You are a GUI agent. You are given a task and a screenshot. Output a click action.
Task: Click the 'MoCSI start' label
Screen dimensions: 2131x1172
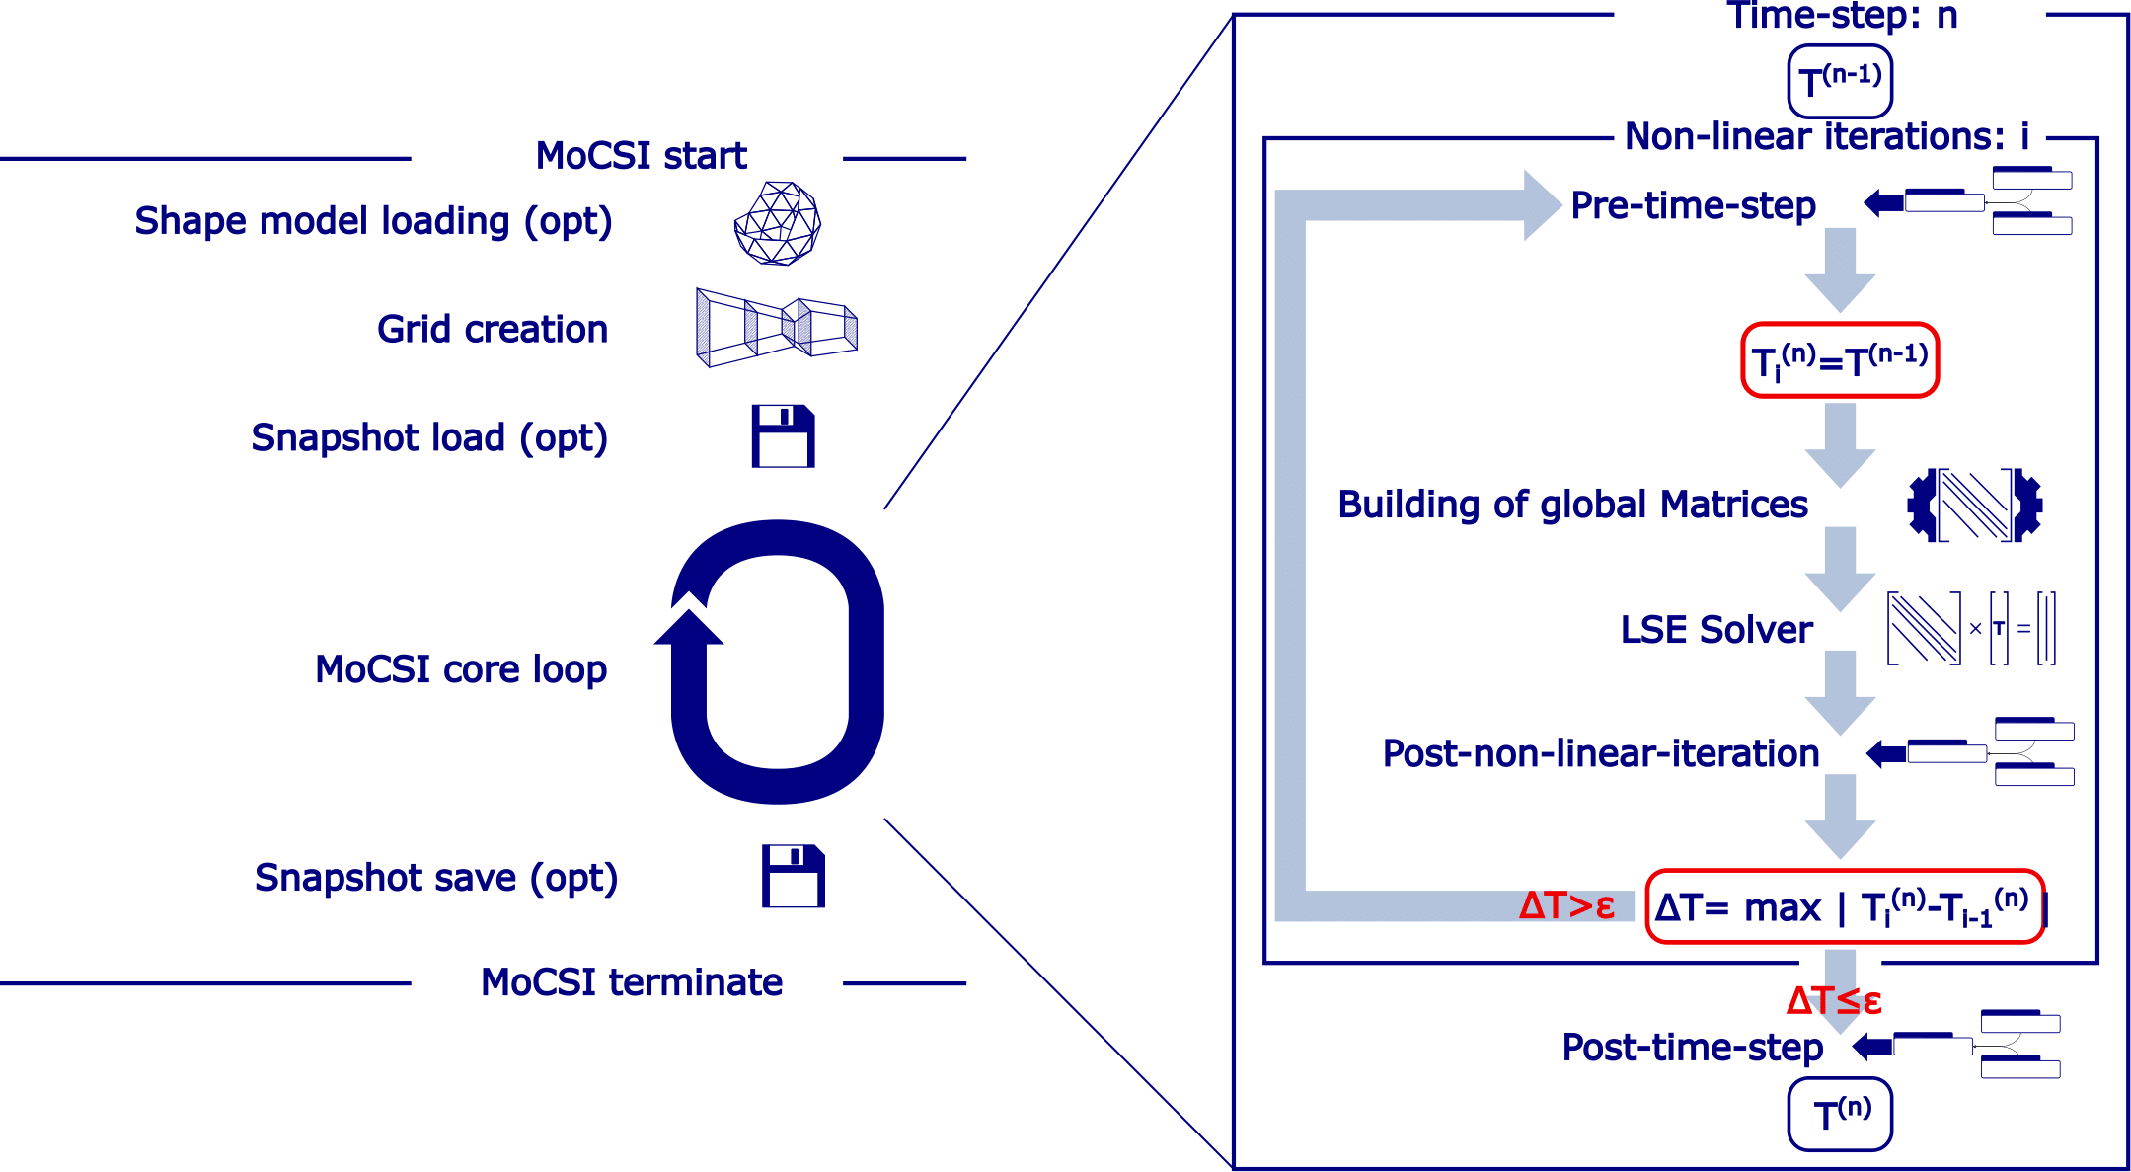[x=641, y=156]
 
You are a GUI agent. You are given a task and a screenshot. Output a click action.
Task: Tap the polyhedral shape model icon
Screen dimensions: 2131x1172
[x=778, y=223]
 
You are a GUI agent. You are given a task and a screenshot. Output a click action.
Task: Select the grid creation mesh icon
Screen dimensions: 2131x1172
[x=777, y=328]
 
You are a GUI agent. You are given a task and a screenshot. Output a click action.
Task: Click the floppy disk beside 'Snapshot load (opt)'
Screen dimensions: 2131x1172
[x=784, y=435]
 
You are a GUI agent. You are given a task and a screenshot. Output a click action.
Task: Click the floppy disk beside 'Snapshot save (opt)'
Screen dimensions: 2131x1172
[x=794, y=876]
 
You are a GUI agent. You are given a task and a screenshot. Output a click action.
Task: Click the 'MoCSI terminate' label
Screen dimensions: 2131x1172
[x=632, y=982]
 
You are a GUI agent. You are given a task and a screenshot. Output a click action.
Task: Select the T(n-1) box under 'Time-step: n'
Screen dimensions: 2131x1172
[x=1840, y=81]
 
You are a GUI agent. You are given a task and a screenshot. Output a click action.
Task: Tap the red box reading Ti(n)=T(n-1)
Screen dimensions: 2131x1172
[x=1840, y=360]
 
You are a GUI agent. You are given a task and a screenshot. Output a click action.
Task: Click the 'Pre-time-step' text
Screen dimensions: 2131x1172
[x=1693, y=205]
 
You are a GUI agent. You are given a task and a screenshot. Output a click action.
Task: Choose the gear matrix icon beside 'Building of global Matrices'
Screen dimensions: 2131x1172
[x=1974, y=506]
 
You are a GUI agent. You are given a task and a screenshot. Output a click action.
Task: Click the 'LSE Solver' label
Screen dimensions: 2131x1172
[x=1716, y=629]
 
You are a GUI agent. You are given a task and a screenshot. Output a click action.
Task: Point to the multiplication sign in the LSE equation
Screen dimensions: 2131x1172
[x=1975, y=628]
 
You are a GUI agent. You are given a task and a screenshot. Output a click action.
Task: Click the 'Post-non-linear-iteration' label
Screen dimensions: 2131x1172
[x=1601, y=753]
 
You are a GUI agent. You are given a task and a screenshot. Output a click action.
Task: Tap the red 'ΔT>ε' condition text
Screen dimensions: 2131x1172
[x=1566, y=905]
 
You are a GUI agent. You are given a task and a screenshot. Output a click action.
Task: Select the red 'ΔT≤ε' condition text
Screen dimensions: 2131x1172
[x=1834, y=1000]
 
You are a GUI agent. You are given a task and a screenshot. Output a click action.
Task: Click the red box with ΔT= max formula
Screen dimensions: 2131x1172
[x=1845, y=906]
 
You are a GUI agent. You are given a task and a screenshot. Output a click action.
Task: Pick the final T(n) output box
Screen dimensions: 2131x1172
[x=1840, y=1114]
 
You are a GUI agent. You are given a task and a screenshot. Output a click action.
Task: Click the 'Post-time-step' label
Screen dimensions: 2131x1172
[x=1692, y=1048]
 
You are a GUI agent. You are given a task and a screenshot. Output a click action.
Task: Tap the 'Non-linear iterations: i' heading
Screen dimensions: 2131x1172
[x=1827, y=136]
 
